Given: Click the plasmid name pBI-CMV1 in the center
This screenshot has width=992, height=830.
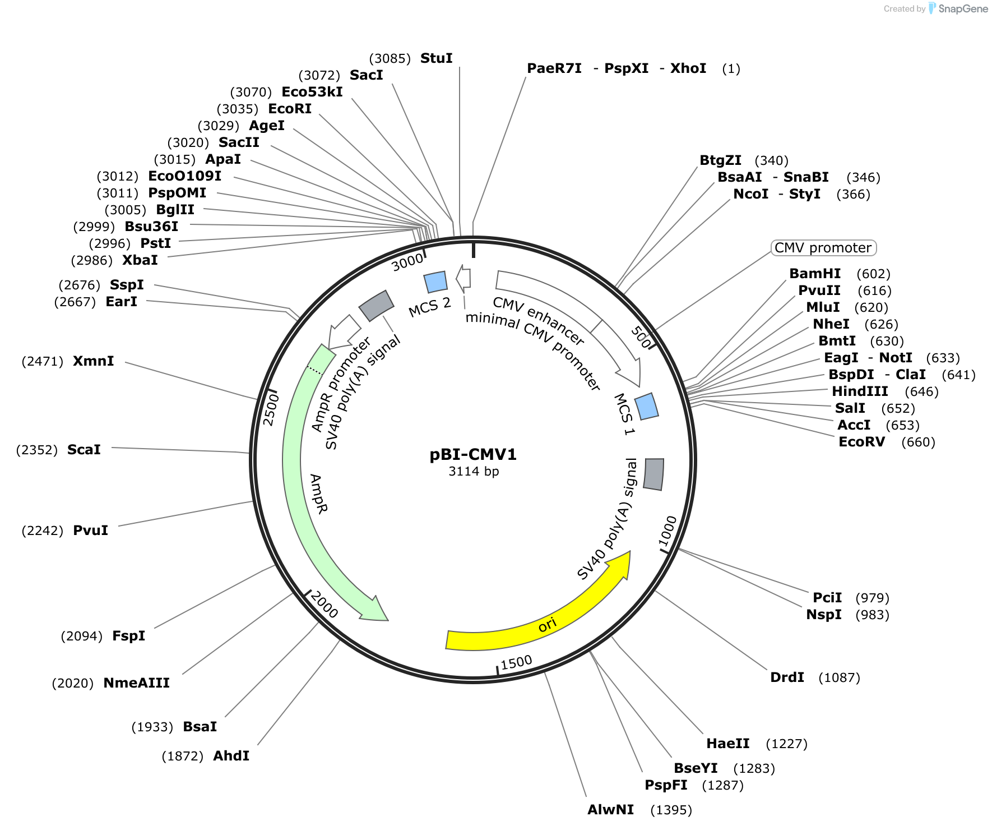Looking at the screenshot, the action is point(473,454).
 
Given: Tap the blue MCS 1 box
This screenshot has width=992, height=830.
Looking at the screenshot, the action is point(647,407).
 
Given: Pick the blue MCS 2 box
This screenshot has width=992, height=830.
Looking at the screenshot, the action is point(435,282).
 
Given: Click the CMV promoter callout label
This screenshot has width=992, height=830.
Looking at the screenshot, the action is point(823,248).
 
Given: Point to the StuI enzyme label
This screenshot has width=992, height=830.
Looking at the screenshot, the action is point(436,58).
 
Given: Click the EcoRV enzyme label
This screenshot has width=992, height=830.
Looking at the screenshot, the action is point(861,442).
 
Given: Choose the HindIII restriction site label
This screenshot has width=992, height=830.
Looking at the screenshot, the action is point(860,391).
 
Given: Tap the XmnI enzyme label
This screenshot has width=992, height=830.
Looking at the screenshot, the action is point(93,361).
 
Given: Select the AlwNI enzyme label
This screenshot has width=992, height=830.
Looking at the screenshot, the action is point(610,810).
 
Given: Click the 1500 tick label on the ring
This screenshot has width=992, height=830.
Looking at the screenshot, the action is point(516,663).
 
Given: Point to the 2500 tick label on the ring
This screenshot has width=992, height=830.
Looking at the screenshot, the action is point(270,409).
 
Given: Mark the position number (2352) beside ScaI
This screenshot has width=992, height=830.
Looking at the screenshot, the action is point(37,450).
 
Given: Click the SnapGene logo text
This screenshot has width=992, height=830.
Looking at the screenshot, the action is point(963,8).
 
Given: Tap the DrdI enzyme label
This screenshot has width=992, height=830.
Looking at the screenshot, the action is point(787,677).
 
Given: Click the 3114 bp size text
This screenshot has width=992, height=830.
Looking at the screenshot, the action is point(474,471).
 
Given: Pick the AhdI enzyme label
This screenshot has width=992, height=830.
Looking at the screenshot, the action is point(231,756).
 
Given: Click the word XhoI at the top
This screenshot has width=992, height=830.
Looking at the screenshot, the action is point(688,68).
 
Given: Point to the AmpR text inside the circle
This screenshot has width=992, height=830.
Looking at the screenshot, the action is point(318,494).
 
